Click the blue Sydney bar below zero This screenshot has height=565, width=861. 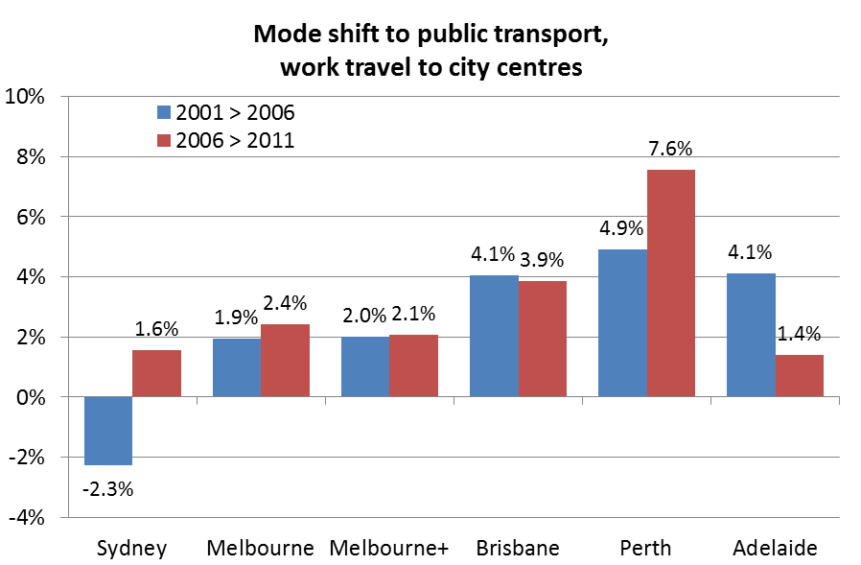pyautogui.click(x=108, y=431)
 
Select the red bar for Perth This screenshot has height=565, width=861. pyautogui.click(x=670, y=283)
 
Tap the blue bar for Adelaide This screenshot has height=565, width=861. pyautogui.click(x=751, y=335)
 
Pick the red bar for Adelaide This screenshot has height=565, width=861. pyautogui.click(x=800, y=376)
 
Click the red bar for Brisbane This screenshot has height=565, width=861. pyautogui.click(x=543, y=339)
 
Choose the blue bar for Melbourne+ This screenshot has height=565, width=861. pyautogui.click(x=365, y=366)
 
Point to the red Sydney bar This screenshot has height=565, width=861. pyautogui.click(x=156, y=373)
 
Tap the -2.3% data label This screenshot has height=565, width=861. pyautogui.click(x=108, y=489)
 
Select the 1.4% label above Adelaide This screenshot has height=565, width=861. pyautogui.click(x=799, y=335)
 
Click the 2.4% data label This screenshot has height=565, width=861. pyautogui.click(x=286, y=303)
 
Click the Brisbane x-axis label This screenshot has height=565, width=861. pyautogui.click(x=518, y=549)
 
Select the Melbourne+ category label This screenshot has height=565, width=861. pyautogui.click(x=388, y=549)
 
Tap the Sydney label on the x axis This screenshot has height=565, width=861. pyautogui.click(x=132, y=549)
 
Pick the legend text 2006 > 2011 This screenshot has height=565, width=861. pyautogui.click(x=234, y=140)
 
